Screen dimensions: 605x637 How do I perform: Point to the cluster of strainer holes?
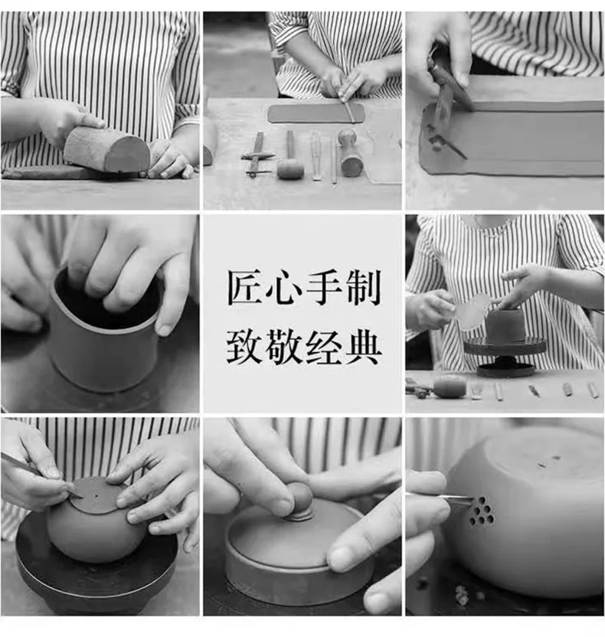coord(482,511)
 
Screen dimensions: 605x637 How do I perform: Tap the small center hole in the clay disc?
coord(96,496)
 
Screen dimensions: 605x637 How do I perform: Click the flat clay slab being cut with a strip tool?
coord(316,113)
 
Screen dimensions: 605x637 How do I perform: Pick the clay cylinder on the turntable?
coord(504,325)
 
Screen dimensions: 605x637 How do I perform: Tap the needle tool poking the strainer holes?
coord(441,499)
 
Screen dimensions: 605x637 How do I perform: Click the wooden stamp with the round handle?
coord(349,154)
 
